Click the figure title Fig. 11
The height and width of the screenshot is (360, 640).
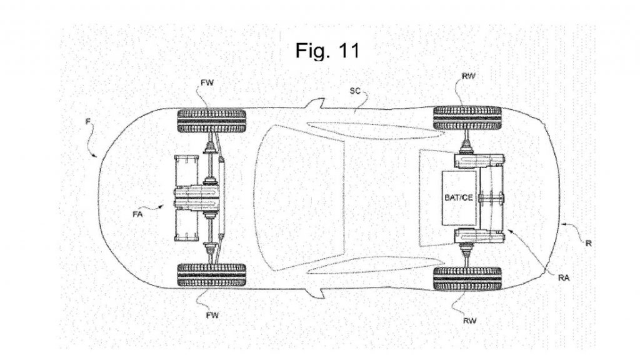(x=327, y=50)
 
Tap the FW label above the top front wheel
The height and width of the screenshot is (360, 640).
(x=207, y=83)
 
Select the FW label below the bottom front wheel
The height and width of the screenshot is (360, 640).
(x=212, y=315)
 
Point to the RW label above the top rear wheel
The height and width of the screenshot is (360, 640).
(x=469, y=76)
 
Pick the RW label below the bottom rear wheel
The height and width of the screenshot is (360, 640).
(x=470, y=321)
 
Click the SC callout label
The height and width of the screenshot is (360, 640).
(x=355, y=91)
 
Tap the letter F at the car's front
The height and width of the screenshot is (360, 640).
(x=87, y=121)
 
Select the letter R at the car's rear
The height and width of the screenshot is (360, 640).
(x=589, y=243)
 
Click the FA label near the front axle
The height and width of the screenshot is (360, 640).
(x=137, y=214)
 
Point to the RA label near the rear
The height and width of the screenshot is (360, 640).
(x=564, y=278)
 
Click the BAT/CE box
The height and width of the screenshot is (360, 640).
(x=459, y=197)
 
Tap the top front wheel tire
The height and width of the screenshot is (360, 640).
(x=211, y=121)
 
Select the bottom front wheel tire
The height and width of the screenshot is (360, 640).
(x=211, y=275)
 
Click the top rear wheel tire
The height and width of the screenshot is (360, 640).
(x=467, y=118)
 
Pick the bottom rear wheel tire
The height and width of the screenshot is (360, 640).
(x=467, y=279)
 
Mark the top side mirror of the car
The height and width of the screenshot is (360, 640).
(x=315, y=103)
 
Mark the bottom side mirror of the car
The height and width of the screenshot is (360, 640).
(x=315, y=293)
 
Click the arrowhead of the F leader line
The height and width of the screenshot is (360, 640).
(x=96, y=156)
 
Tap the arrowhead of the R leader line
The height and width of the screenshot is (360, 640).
(x=562, y=224)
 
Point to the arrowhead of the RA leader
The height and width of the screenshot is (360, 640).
(x=507, y=231)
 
